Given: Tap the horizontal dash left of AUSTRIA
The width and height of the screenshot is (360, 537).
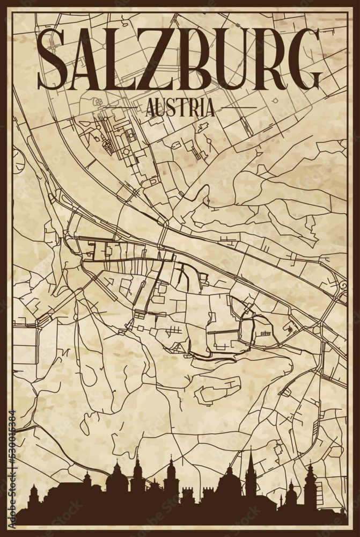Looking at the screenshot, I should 124,107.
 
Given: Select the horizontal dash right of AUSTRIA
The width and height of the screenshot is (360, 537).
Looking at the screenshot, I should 236,107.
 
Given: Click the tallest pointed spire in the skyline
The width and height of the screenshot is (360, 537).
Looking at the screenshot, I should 250,467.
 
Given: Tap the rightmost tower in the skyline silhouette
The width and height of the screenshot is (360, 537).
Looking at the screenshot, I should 310,481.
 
